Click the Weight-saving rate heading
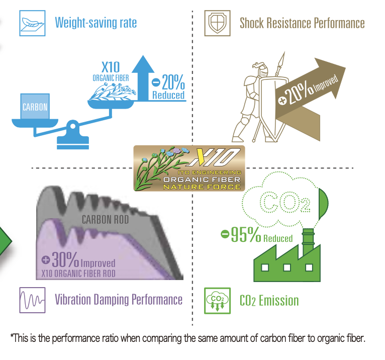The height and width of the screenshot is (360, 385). click(x=95, y=23)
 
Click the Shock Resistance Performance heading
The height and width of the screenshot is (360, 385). click(x=302, y=23)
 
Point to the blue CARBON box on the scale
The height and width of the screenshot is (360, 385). click(x=35, y=107)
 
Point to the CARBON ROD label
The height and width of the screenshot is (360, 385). click(x=106, y=220)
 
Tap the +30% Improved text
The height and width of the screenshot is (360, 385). click(x=78, y=260)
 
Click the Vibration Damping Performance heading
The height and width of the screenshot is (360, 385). click(x=119, y=300)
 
